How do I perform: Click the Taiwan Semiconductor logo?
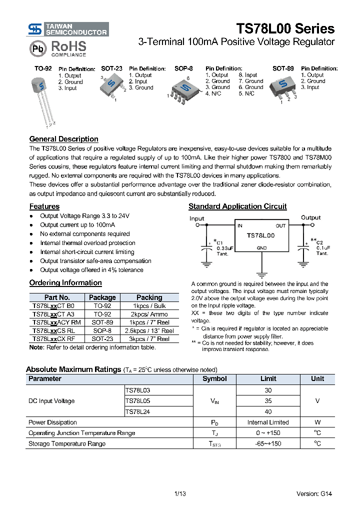pyautogui.click(x=68, y=29)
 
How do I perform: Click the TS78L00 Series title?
pyautogui.click(x=285, y=29)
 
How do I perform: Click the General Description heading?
pyautogui.click(x=63, y=139)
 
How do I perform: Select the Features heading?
pyautogui.click(x=44, y=206)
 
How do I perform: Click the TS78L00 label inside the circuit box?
pyautogui.click(x=261, y=234)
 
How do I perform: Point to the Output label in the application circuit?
pyautogui.click(x=310, y=218)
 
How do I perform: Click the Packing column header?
pyautogui.click(x=149, y=297)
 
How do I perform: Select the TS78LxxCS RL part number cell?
pyautogui.click(x=53, y=330)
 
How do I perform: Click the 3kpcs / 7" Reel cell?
pyautogui.click(x=149, y=338)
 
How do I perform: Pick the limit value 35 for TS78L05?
pyautogui.click(x=268, y=400)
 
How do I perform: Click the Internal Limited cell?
pyautogui.click(x=268, y=422)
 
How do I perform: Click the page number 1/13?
pyautogui.click(x=180, y=494)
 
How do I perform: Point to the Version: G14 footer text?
pyautogui.click(x=313, y=494)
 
